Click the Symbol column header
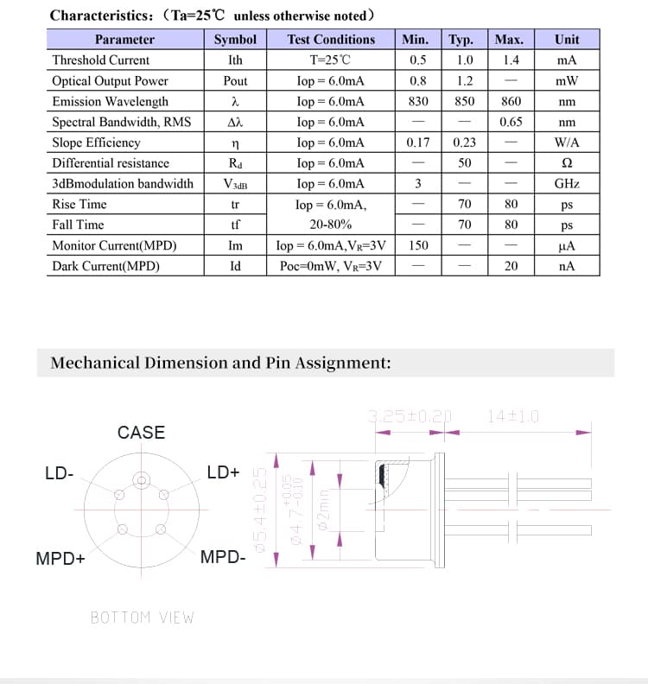[235, 40]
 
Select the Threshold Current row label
[100, 60]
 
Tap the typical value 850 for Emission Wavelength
[465, 101]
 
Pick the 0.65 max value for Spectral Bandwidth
[511, 122]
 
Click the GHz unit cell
[567, 184]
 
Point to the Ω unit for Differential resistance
[567, 163]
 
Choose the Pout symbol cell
[235, 81]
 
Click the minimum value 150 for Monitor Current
[418, 245]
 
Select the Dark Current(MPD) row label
[105, 266]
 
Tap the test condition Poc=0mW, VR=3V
[331, 266]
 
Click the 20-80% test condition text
[331, 225]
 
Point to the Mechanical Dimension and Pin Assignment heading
[220, 363]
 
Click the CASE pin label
[141, 433]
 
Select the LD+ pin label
[223, 472]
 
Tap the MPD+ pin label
[60, 558]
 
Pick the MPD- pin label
[223, 557]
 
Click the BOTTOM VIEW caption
[143, 617]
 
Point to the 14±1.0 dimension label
[512, 415]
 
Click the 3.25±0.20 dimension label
[410, 415]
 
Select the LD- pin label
[59, 472]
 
